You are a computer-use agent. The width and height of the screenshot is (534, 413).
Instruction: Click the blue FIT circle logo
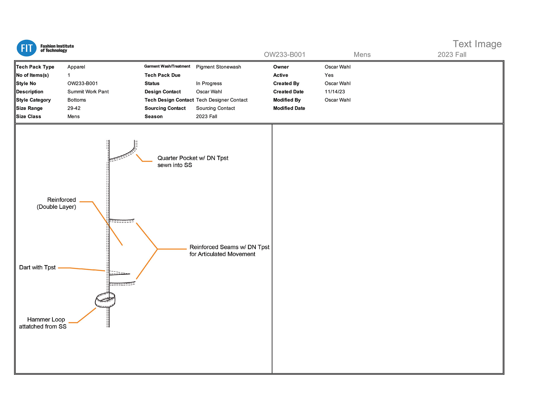[x=26, y=48]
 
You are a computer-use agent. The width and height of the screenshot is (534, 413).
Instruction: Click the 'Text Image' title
[x=477, y=44]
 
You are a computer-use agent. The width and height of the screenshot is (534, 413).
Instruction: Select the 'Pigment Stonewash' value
[x=218, y=67]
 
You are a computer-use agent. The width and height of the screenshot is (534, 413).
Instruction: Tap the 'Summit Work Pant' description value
[x=88, y=92]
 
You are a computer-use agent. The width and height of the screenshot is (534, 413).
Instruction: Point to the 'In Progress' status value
[x=209, y=84]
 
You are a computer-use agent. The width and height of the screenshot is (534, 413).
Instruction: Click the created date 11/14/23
[x=335, y=92]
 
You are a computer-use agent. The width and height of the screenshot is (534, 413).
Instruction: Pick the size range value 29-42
[x=74, y=108]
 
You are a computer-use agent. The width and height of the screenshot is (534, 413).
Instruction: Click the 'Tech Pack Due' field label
[x=162, y=75]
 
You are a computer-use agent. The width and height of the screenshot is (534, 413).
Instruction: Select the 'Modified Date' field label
[x=289, y=108]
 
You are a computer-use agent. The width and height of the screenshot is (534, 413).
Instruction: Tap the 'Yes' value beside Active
[x=329, y=75]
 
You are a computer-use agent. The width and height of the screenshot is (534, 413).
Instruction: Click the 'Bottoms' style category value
[x=76, y=100]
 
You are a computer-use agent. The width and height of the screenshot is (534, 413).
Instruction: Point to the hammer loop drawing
[x=105, y=300]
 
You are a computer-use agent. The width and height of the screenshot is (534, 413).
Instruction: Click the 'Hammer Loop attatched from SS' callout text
[x=43, y=323]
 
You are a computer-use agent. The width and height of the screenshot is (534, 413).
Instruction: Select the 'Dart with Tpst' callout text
[x=37, y=268]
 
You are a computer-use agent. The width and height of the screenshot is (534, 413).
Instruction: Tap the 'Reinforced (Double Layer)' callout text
[x=56, y=203]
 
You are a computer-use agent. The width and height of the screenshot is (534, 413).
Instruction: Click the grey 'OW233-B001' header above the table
[x=284, y=55]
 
